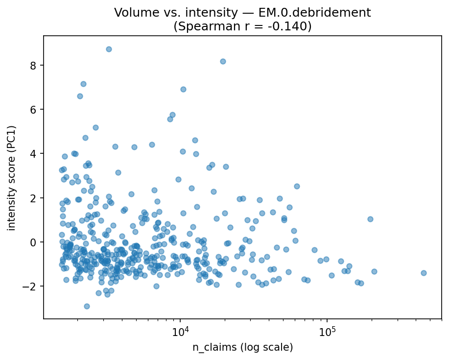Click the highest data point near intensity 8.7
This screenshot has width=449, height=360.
pyautogui.click(x=109, y=49)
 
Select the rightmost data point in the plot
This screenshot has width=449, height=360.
pyautogui.click(x=424, y=273)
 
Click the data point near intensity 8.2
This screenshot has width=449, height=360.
pyautogui.click(x=223, y=61)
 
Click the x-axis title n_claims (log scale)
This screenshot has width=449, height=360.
pyautogui.click(x=242, y=347)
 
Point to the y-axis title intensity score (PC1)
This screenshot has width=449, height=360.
pyautogui.click(x=11, y=177)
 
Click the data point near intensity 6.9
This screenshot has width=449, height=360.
pyautogui.click(x=183, y=89)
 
